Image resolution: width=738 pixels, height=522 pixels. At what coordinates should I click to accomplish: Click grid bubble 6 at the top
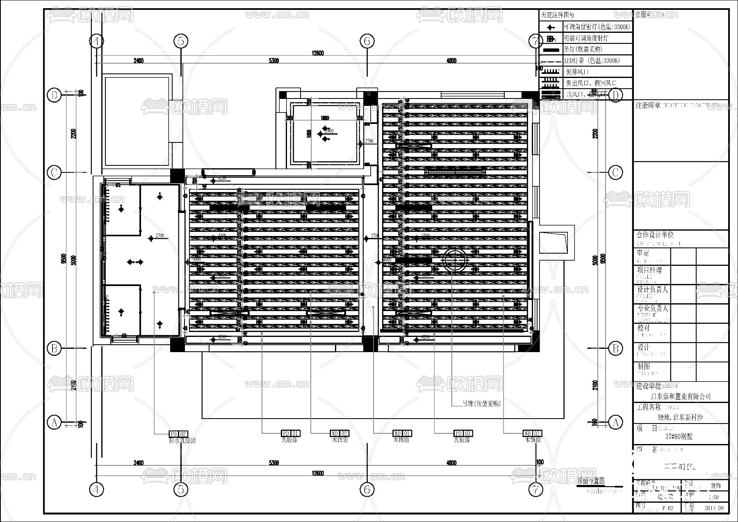pos(367,41)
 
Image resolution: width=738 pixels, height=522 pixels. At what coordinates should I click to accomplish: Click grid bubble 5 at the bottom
pos(181,489)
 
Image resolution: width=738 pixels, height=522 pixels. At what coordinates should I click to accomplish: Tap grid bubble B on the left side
pos(54,348)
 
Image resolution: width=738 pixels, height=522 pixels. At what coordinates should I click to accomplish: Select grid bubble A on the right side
pos(615,422)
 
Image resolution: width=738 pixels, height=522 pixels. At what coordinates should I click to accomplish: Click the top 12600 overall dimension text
pos(317,53)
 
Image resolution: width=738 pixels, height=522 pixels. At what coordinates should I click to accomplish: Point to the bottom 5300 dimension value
pos(273,463)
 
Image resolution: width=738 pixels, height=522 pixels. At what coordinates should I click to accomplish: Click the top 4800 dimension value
pos(451,61)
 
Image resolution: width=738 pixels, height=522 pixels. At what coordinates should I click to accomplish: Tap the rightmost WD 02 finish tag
pos(532,433)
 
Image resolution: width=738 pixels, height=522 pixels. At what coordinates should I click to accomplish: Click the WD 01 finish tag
pos(402,433)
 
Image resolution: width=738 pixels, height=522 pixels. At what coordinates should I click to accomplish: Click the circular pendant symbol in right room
pos(455,260)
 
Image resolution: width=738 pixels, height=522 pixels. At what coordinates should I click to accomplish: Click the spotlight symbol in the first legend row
pos(551,27)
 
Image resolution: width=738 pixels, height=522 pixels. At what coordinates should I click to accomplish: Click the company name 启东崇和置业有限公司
pos(681,396)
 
